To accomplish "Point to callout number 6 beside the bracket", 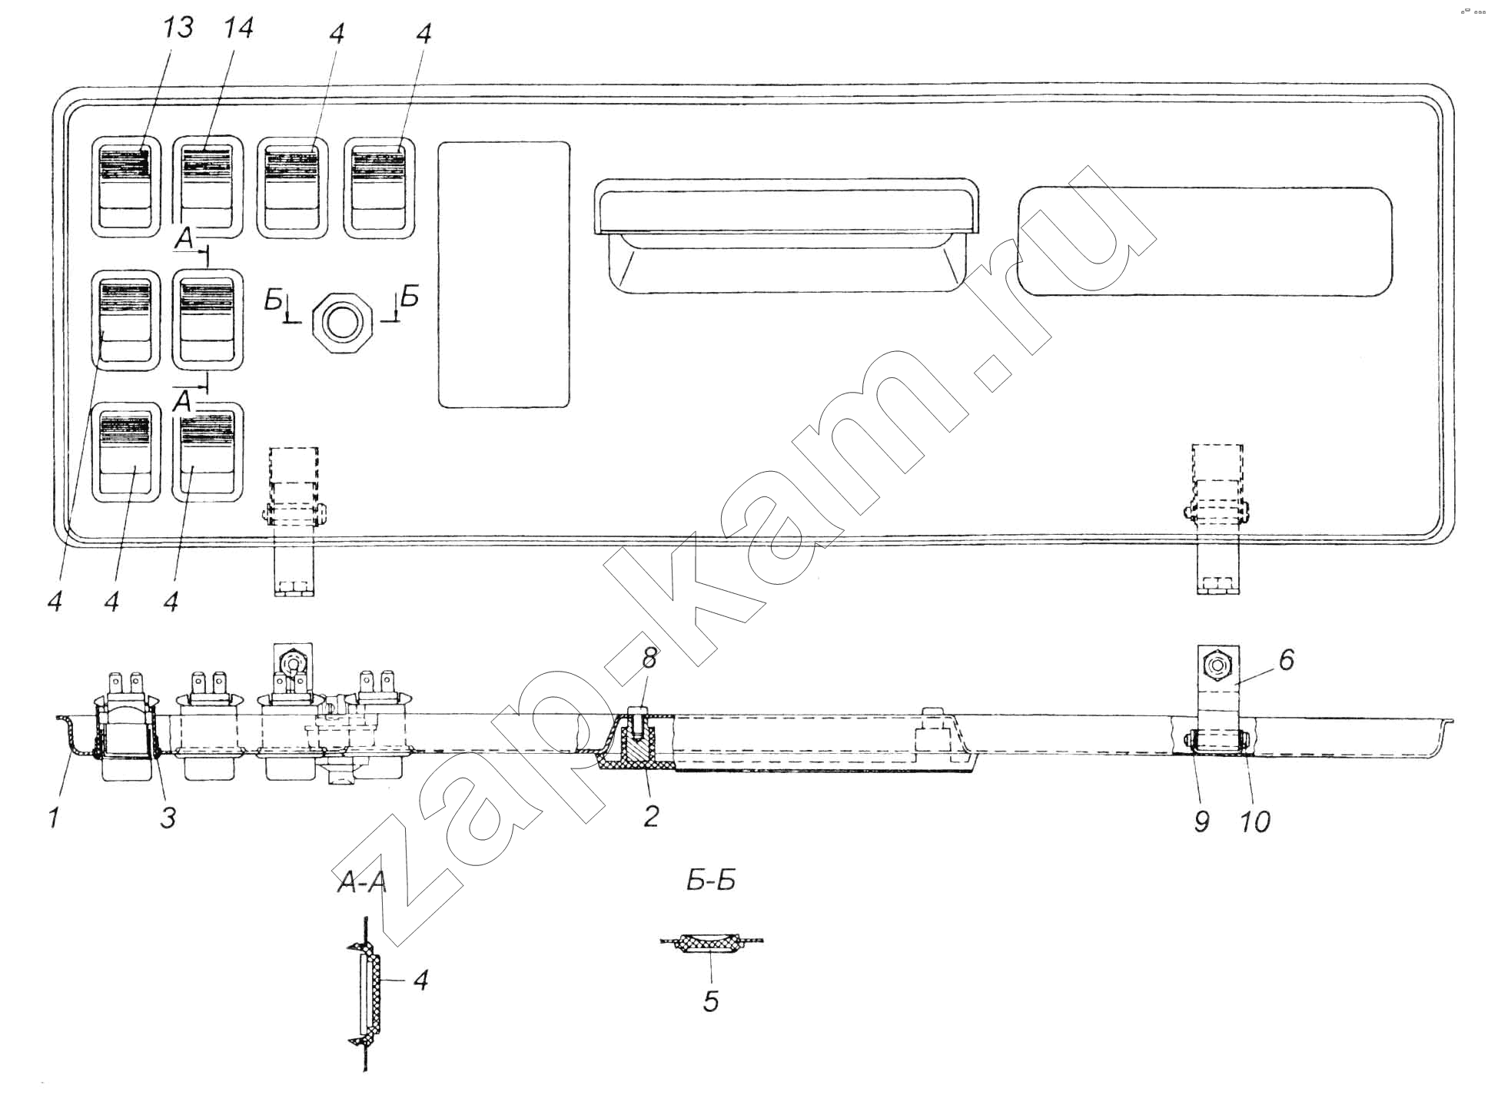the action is tap(1286, 659).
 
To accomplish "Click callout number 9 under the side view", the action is tap(1202, 821).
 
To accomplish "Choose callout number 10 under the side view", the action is tap(1255, 821).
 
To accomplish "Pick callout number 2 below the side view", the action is tap(650, 815).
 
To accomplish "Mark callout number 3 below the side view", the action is tap(168, 817).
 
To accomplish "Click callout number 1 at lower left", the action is tap(54, 817).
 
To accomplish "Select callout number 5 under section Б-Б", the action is tap(711, 1000).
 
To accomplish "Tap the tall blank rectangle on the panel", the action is tap(504, 274).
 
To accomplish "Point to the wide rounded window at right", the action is tap(1205, 241).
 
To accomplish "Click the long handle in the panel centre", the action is tap(787, 235).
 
